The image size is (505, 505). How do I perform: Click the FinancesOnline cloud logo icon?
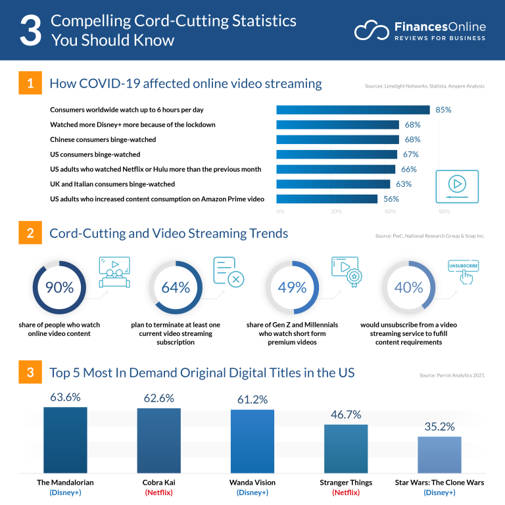372,30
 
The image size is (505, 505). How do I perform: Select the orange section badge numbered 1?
30,84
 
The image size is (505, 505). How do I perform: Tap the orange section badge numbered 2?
30,233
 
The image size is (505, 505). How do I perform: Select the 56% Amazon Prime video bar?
327,199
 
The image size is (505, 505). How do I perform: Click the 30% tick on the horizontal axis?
336,212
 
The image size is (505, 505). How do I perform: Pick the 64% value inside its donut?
175,287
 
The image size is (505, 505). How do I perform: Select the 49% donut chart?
292,287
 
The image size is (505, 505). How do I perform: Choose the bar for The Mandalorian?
65,439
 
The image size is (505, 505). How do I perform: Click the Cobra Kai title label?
158,482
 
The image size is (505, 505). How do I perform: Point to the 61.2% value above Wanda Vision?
252,398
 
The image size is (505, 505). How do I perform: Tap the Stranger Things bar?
345,448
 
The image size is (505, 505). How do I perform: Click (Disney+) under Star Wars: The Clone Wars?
439,493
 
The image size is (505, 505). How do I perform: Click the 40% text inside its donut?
408,287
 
